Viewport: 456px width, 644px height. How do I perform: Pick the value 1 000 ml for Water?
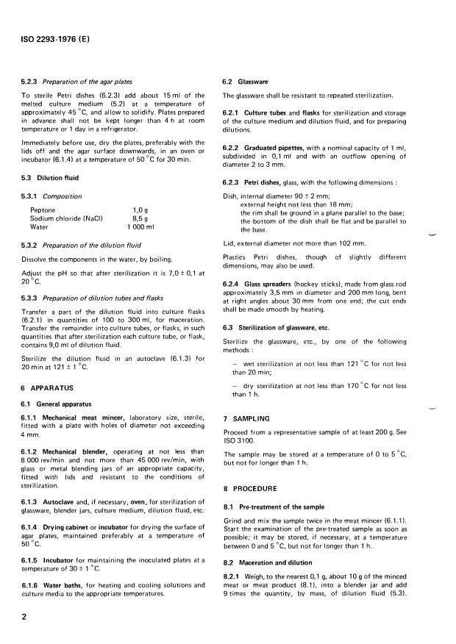pyautogui.click(x=141, y=227)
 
